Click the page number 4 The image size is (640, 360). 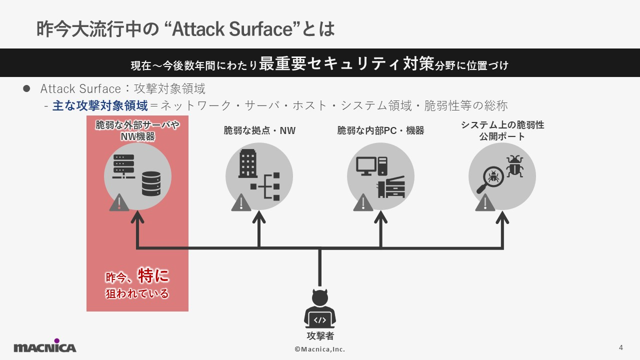point(621,347)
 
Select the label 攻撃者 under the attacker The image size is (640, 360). point(320,336)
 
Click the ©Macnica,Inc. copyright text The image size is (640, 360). point(320,349)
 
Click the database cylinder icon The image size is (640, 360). point(151,183)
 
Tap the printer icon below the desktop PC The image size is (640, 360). point(390,187)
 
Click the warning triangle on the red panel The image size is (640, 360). point(119,202)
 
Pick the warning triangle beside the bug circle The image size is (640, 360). point(484,202)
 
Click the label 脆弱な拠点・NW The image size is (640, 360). point(259,131)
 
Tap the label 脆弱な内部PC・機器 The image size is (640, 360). point(380,131)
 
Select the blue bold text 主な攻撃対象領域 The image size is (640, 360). point(100,106)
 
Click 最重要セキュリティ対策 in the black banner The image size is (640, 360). point(346,64)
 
